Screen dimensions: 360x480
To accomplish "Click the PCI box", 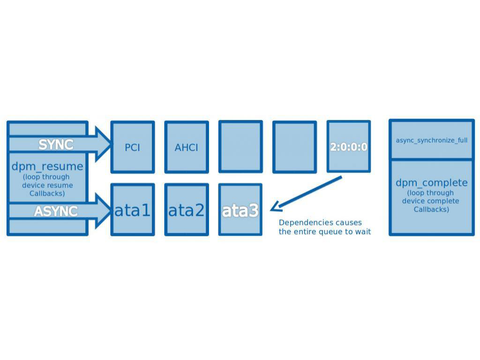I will tap(132, 147).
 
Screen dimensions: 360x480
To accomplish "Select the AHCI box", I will tap(186, 147).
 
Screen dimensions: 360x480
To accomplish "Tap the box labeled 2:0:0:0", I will tap(348, 147).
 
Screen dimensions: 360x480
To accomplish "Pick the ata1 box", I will tap(132, 210).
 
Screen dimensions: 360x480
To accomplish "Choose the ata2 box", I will tap(186, 210).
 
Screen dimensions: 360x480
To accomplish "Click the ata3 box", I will tap(240, 210).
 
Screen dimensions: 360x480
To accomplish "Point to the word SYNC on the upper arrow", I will tap(56, 145).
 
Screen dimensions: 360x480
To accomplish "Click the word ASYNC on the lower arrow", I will tap(55, 211).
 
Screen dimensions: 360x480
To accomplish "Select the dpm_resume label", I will tap(47, 166).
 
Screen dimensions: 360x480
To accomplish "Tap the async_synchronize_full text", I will tap(431, 140).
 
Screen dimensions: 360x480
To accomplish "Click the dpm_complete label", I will tap(431, 183).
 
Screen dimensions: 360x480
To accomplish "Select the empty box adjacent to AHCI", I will tap(240, 147).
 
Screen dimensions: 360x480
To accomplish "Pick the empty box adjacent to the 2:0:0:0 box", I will tap(294, 147).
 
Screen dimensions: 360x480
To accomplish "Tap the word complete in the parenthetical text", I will tap(443, 201).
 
